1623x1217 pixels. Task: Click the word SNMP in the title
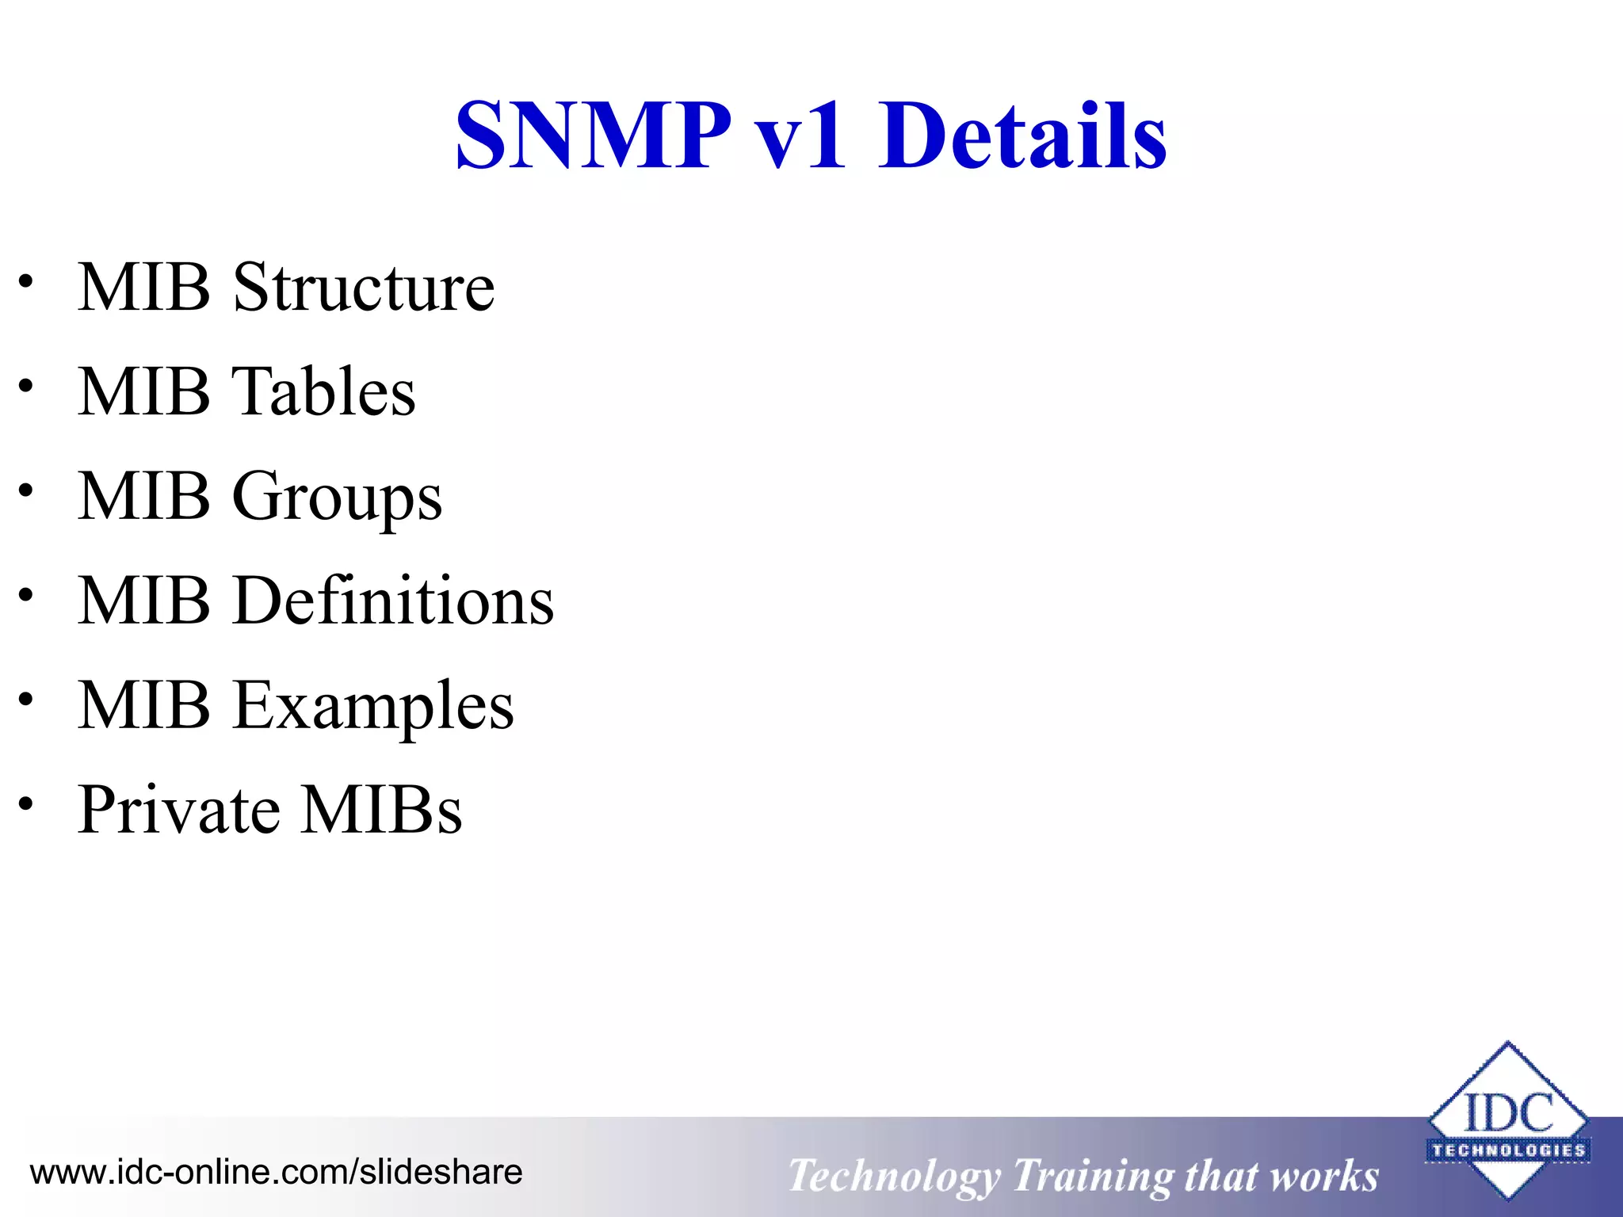(x=593, y=136)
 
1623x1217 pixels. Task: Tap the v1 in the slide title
(x=801, y=136)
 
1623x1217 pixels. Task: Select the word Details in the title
(x=1022, y=136)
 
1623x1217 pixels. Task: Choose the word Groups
(x=337, y=498)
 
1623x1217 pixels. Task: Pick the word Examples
(x=373, y=706)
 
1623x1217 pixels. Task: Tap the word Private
(x=179, y=810)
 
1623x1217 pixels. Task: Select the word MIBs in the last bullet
(x=381, y=810)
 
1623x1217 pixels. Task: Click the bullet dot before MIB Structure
(x=27, y=281)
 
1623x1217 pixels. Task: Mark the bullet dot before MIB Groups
(x=27, y=490)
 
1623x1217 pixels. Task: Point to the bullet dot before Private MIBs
(x=27, y=804)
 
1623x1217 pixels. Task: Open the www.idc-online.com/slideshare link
(x=276, y=1172)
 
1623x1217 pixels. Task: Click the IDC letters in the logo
(x=1508, y=1113)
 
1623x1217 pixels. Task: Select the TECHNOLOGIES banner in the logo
(x=1508, y=1150)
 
